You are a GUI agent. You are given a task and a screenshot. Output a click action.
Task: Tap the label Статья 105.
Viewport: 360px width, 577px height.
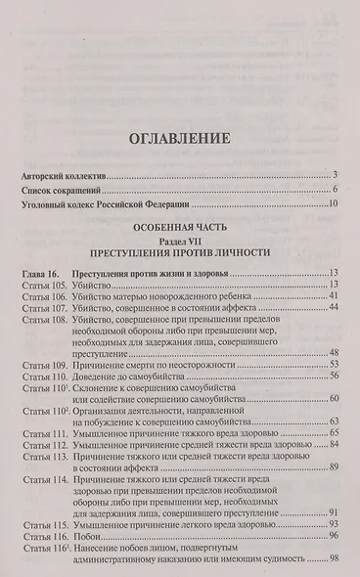tap(43, 284)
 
